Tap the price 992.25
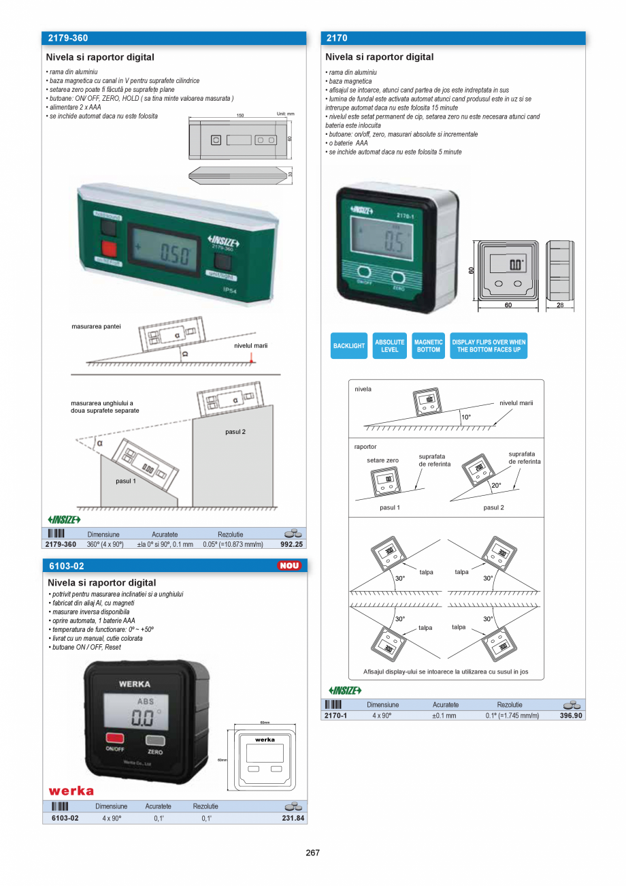pyautogui.click(x=291, y=544)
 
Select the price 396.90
pyautogui.click(x=571, y=715)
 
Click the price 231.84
pyautogui.click(x=293, y=818)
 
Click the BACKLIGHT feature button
pyautogui.click(x=349, y=346)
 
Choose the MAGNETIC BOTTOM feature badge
pyautogui.click(x=428, y=346)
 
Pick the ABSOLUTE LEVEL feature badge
pyautogui.click(x=390, y=346)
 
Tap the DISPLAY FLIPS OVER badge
pyautogui.click(x=489, y=346)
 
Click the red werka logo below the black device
pyautogui.click(x=71, y=791)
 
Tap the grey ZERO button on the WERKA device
pyautogui.click(x=156, y=740)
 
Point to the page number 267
pyautogui.click(x=312, y=852)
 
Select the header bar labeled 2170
pyautogui.click(x=452, y=39)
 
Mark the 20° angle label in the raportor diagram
pyautogui.click(x=496, y=486)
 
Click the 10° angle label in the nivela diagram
pyautogui.click(x=465, y=417)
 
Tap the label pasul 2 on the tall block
pyautogui.click(x=235, y=432)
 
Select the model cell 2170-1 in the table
pyautogui.click(x=336, y=715)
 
